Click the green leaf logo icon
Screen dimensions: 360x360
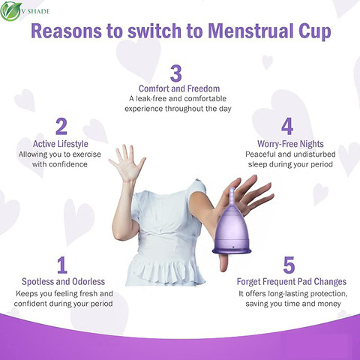10,11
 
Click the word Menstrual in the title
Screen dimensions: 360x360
250,31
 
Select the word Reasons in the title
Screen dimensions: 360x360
66,31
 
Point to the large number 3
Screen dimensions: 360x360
176,73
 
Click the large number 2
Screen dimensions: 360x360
61,127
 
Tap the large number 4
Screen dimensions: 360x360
287,127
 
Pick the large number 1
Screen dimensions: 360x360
62,265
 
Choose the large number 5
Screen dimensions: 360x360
289,265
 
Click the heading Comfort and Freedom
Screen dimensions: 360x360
179,88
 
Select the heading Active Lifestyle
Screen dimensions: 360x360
61,144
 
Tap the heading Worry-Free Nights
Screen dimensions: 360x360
290,144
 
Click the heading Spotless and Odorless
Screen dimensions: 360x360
63,282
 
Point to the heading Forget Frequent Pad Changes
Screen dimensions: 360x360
292,282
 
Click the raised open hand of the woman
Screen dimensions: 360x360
127,163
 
